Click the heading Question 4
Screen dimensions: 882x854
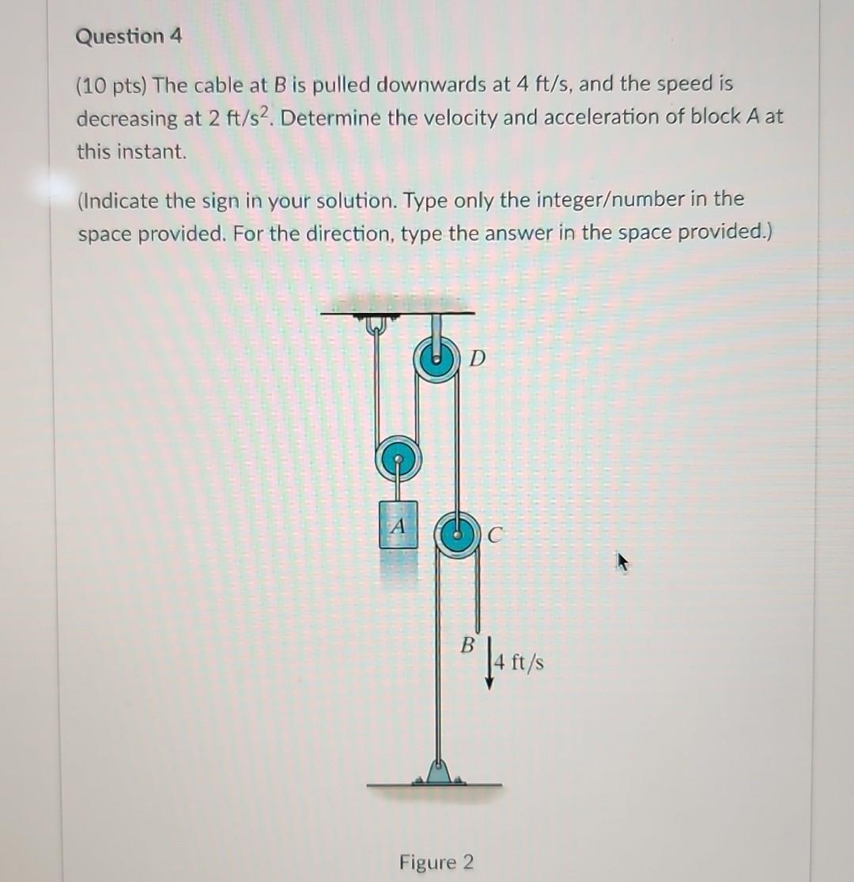(x=129, y=37)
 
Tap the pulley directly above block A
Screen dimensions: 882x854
(x=398, y=458)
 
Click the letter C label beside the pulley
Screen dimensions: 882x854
(x=493, y=537)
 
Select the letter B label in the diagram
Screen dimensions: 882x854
(x=467, y=644)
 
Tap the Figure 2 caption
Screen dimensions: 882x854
(x=436, y=861)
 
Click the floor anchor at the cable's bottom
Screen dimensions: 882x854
(x=436, y=772)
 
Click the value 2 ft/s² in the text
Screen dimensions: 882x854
(x=236, y=118)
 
